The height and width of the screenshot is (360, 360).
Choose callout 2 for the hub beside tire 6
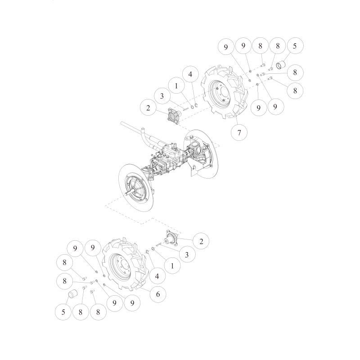pos(201,241)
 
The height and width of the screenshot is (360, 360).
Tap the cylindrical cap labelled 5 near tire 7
pos(283,64)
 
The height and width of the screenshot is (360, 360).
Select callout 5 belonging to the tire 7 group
pos(295,45)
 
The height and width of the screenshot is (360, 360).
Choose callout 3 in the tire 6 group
pos(186,255)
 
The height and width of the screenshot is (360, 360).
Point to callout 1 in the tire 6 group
pos(171,265)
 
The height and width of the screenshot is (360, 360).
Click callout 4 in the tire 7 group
pos(190,73)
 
